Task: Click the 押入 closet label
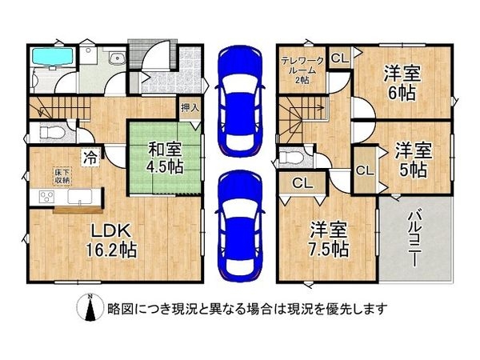[190, 108]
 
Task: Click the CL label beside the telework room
[339, 57]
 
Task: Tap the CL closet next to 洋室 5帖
[364, 170]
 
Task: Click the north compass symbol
[91, 307]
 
